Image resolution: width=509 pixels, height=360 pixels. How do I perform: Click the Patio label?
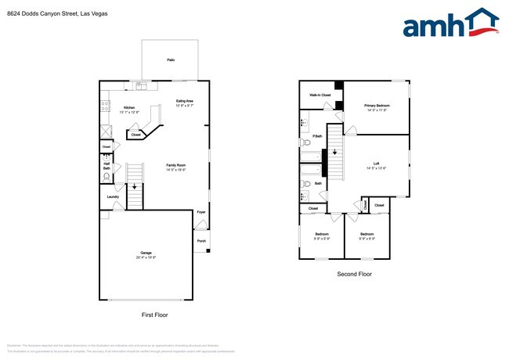(x=171, y=59)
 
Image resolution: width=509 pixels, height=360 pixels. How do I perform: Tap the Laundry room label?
(x=113, y=196)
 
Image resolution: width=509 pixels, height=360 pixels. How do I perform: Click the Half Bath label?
(x=106, y=166)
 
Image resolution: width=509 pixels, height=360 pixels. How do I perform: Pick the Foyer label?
(x=201, y=212)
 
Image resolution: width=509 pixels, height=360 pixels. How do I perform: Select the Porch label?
(x=201, y=240)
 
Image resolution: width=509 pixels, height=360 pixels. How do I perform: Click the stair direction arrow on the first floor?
(x=133, y=186)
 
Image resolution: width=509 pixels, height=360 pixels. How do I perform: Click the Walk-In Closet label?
(x=319, y=95)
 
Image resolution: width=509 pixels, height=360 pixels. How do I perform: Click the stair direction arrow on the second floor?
(x=335, y=153)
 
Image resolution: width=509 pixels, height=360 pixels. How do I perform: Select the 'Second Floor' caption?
(x=354, y=275)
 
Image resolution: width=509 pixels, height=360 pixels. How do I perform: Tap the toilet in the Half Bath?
(x=106, y=178)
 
